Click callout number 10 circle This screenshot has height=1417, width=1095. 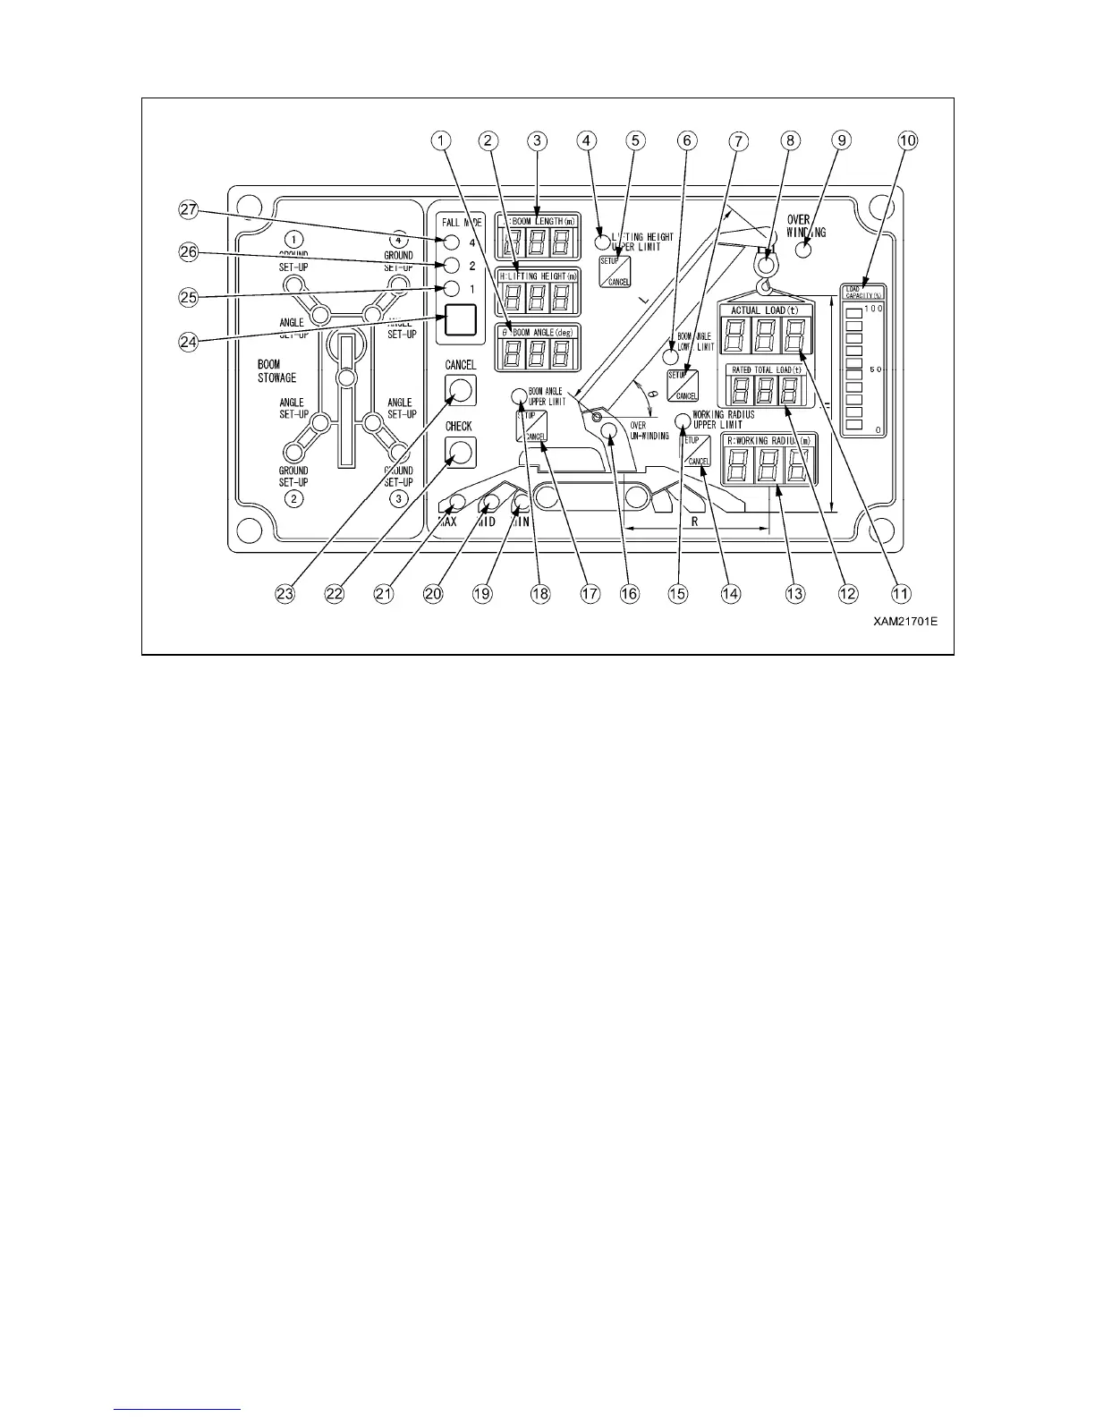(908, 140)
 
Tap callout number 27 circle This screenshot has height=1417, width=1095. (187, 210)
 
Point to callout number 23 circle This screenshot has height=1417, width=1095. (289, 593)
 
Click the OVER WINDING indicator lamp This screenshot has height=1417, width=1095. (802, 250)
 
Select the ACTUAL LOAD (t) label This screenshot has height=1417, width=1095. (765, 310)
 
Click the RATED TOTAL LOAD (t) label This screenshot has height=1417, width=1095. (765, 369)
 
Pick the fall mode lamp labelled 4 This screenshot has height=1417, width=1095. (452, 242)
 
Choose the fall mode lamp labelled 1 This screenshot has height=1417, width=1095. (452, 289)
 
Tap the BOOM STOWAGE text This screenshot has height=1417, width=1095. (276, 371)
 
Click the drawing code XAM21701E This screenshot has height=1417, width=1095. (905, 621)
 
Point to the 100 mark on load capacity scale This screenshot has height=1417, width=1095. (872, 309)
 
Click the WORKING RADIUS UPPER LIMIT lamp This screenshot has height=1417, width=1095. (683, 420)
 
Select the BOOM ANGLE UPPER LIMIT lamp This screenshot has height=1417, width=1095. (519, 396)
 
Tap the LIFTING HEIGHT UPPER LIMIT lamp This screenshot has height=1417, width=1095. (603, 242)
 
